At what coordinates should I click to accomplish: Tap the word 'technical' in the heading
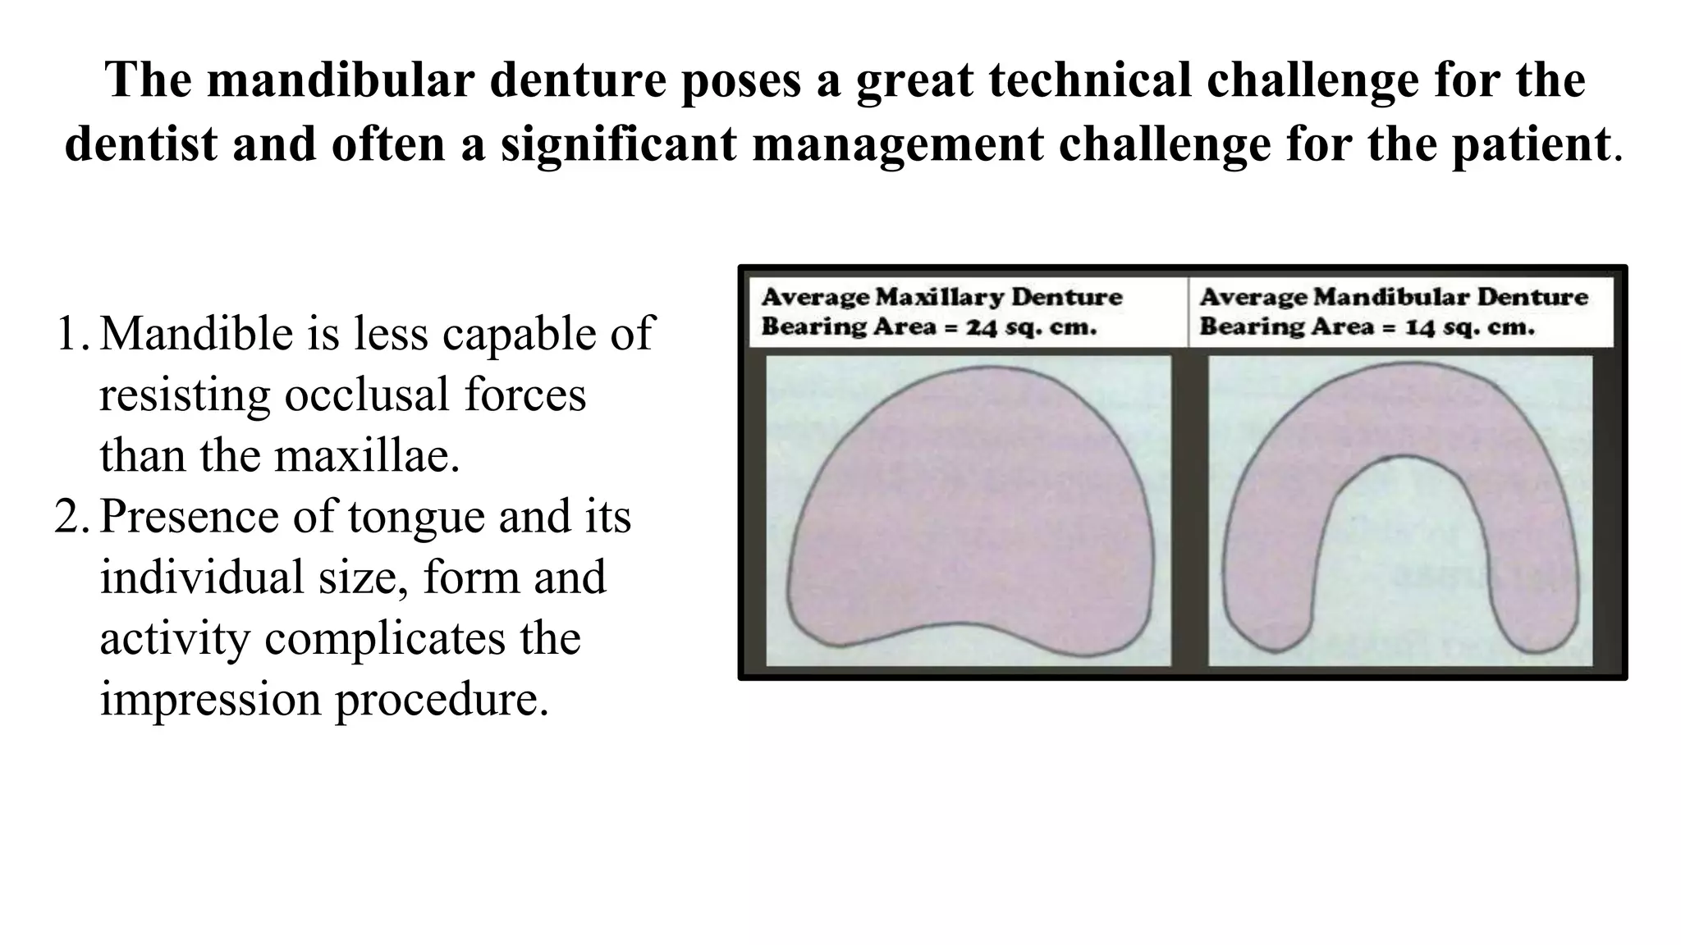pyautogui.click(x=1101, y=80)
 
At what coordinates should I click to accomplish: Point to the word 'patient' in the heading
pyautogui.click(x=1528, y=144)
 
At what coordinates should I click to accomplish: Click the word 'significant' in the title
pyautogui.click(x=617, y=144)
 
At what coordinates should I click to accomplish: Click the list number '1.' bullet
pyautogui.click(x=72, y=334)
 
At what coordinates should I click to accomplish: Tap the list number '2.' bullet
pyautogui.click(x=72, y=517)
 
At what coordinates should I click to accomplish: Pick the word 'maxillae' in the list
pyautogui.click(x=366, y=456)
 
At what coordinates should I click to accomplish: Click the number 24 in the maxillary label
pyautogui.click(x=981, y=327)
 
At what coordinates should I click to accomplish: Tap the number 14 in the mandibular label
pyautogui.click(x=1419, y=327)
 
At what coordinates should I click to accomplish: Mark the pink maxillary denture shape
pyautogui.click(x=969, y=509)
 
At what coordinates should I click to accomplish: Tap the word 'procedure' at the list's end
pyautogui.click(x=440, y=700)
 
